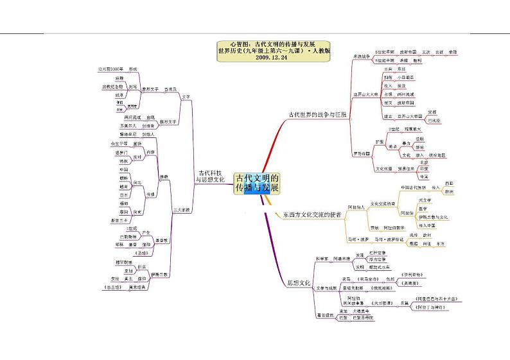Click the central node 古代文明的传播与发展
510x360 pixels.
click(x=256, y=183)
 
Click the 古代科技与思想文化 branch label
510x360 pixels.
click(x=210, y=176)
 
